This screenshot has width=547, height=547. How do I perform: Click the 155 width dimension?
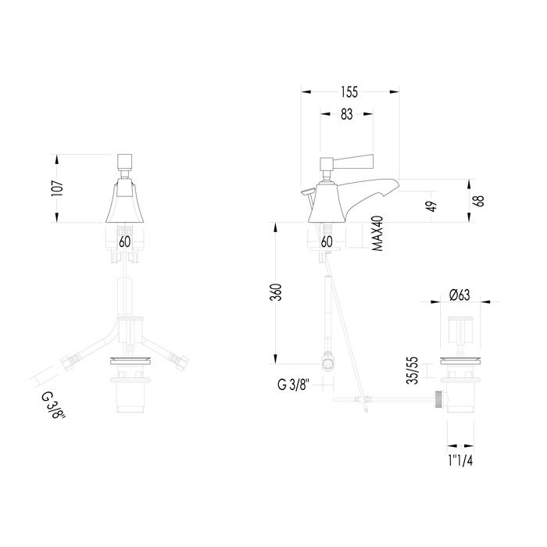[x=349, y=91]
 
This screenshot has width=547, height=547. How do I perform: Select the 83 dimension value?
[x=347, y=114]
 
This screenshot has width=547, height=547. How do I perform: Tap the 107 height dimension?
[x=58, y=189]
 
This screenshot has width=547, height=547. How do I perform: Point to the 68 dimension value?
[x=480, y=201]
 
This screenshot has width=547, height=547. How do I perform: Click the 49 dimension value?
[x=432, y=206]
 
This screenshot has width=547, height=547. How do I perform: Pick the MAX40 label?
[x=377, y=234]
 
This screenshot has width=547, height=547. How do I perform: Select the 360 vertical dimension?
[x=277, y=292]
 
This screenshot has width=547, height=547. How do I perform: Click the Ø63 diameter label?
[x=459, y=295]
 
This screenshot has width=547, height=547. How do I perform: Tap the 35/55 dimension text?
[x=413, y=370]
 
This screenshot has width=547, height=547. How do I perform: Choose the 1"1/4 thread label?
[x=460, y=461]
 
